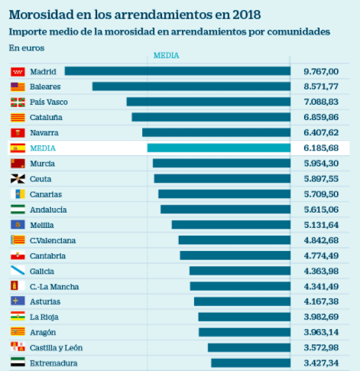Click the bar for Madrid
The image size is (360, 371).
click(177, 71)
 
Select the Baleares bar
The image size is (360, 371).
click(191, 86)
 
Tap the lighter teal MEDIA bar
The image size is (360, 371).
click(219, 148)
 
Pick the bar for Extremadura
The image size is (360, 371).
click(251, 363)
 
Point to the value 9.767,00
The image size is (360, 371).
click(321, 71)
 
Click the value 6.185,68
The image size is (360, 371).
click(321, 148)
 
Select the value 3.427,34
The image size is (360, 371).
click(321, 363)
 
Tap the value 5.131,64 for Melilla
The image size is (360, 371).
click(321, 225)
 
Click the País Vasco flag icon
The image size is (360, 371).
click(17, 102)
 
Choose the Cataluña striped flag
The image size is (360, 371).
click(17, 117)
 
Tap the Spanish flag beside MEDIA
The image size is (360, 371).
click(17, 148)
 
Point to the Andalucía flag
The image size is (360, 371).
click(17, 210)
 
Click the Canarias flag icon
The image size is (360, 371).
click(17, 194)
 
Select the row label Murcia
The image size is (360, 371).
click(42, 164)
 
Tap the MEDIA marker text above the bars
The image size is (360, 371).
click(166, 56)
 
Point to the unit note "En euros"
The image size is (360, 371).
click(27, 47)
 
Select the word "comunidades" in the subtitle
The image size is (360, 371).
click(299, 31)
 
